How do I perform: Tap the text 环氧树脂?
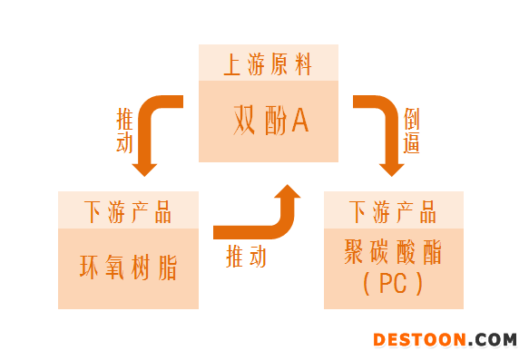pos(127,268)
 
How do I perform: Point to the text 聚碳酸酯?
pos(393,252)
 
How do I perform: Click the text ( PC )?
pos(393,284)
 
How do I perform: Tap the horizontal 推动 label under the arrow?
pos(247,257)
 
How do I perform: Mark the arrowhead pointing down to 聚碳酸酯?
pos(391,167)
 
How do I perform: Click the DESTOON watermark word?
pos(420,340)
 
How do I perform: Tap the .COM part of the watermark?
pos(495,340)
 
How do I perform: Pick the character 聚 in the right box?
pos(356,252)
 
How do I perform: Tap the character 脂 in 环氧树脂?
pos(166,268)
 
